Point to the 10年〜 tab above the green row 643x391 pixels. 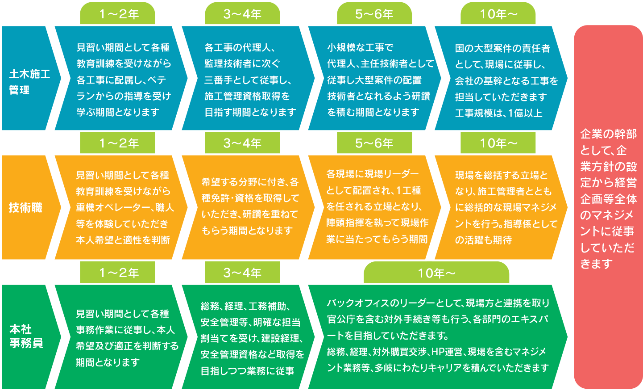click(436, 273)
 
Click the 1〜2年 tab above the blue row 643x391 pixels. click(118, 14)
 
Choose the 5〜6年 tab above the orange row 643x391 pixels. click(374, 143)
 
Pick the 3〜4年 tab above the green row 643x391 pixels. click(242, 273)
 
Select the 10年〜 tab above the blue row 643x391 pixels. click(498, 14)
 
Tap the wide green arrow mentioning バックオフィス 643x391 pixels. click(437, 336)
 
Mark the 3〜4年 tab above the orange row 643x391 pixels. click(242, 143)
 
